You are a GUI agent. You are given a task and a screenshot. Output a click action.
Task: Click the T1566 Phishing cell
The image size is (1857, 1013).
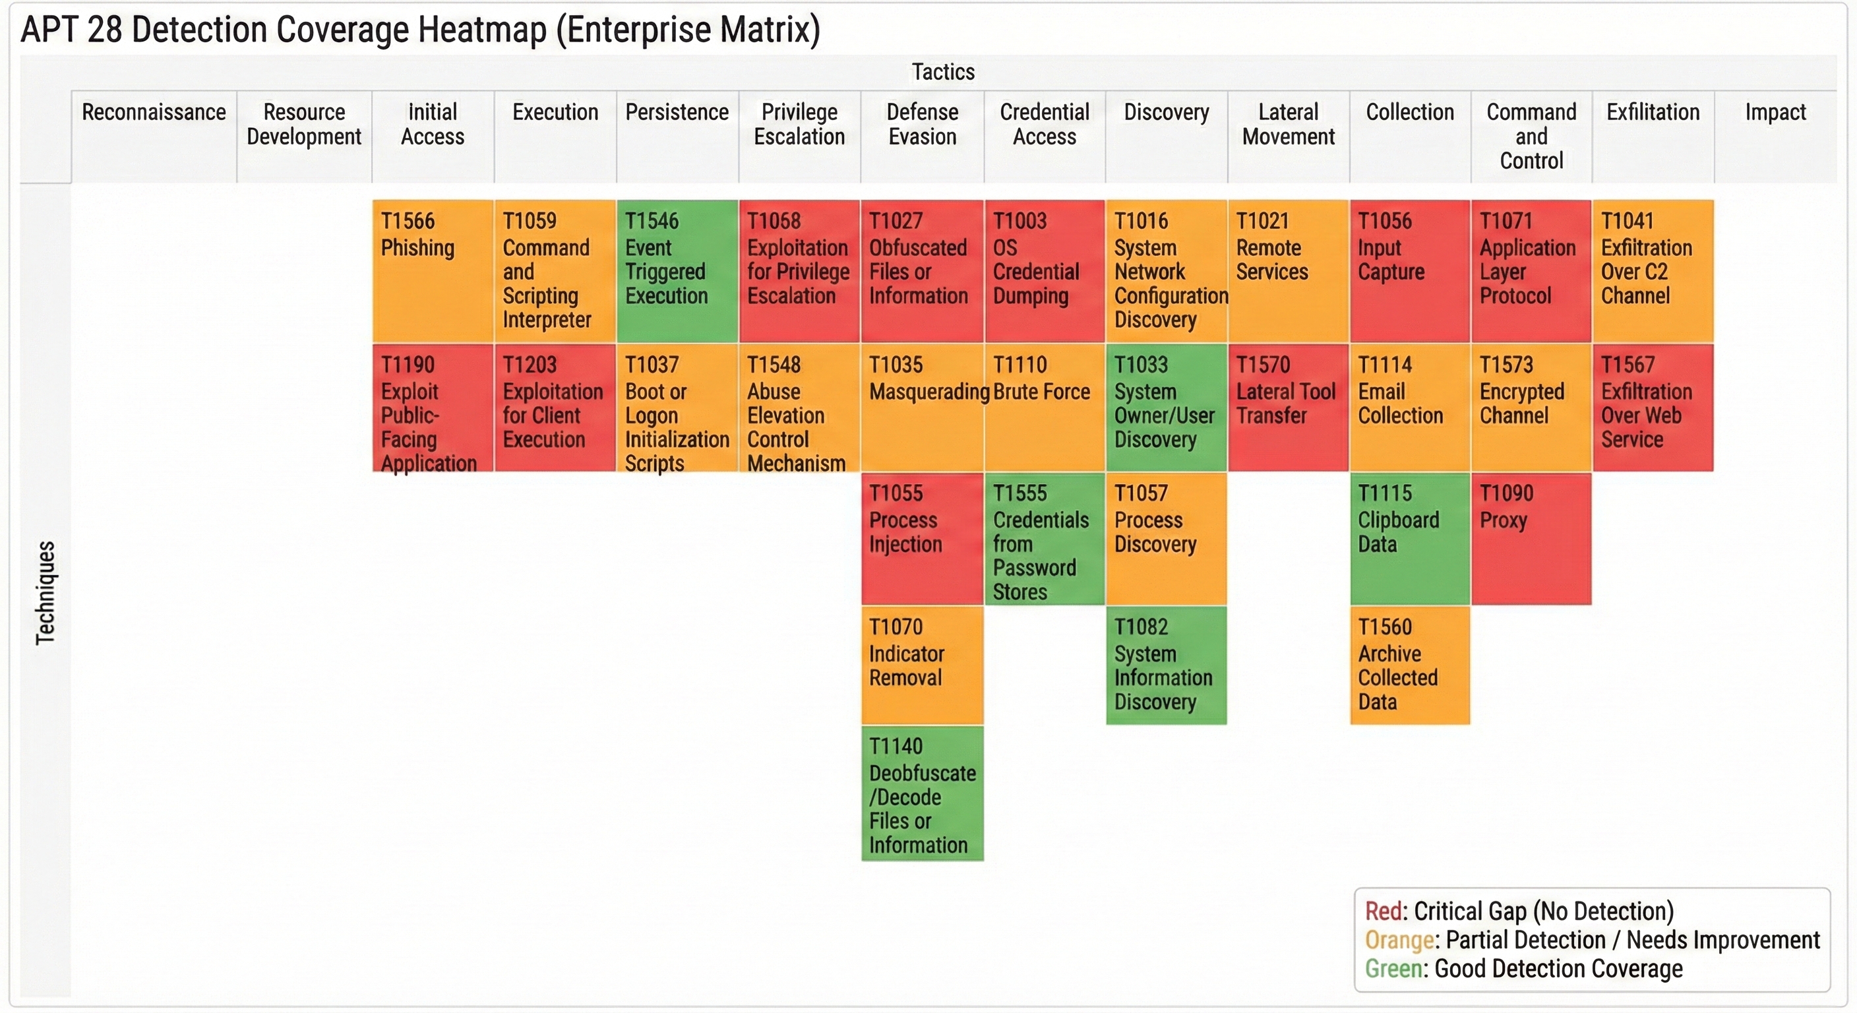pos(433,270)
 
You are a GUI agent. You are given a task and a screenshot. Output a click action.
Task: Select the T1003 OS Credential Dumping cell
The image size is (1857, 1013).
pos(1044,270)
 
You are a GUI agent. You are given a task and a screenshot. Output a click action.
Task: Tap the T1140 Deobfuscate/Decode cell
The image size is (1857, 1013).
pos(922,793)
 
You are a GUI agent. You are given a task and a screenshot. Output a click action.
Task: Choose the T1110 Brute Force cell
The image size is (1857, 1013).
pos(1044,408)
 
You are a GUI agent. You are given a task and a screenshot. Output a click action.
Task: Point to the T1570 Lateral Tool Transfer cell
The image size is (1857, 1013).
pos(1287,408)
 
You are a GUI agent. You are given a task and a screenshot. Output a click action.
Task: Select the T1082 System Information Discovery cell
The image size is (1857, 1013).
pos(1166,665)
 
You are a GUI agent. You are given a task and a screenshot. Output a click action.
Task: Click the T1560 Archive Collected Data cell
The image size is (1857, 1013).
pos(1409,665)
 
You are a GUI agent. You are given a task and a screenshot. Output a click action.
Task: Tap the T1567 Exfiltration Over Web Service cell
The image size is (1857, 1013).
pos(1653,408)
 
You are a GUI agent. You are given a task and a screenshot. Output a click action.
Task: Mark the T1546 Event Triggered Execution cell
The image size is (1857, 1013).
pos(677,270)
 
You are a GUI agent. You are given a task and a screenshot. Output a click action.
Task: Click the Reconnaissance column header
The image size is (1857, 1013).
pos(154,113)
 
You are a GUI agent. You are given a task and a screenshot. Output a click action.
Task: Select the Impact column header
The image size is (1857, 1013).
pos(1775,113)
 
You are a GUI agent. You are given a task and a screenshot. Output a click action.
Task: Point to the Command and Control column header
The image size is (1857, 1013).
pos(1531,137)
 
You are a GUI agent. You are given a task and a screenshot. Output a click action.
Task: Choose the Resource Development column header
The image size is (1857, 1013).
pos(304,124)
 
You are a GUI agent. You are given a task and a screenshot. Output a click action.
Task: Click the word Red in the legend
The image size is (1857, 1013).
pos(1383,911)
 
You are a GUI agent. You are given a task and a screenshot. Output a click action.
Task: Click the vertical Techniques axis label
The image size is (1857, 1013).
pos(46,592)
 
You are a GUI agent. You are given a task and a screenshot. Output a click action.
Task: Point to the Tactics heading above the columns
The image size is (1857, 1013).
pos(943,72)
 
